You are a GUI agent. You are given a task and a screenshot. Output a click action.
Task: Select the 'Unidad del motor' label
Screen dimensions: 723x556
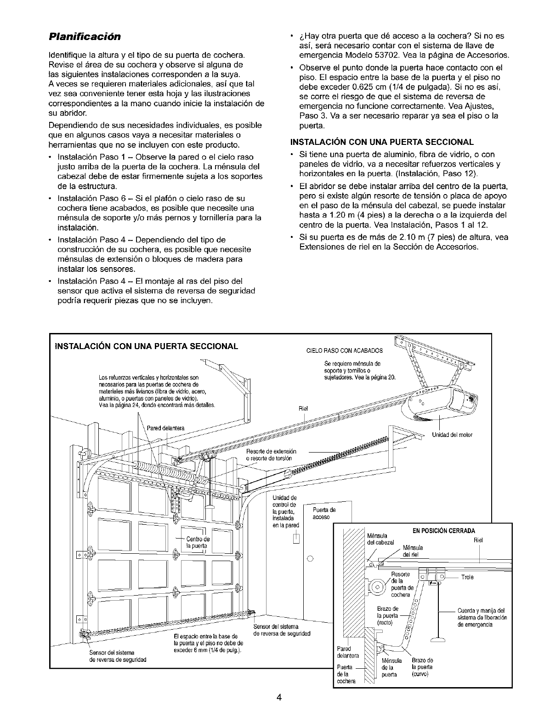(x=452, y=435)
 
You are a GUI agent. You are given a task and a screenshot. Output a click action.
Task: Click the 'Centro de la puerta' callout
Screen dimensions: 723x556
(x=198, y=542)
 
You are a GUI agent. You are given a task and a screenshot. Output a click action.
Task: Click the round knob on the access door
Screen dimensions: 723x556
(x=310, y=559)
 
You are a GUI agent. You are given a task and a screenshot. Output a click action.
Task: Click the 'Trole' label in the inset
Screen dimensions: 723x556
(x=467, y=577)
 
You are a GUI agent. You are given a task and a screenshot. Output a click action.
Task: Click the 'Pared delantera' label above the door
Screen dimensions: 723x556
(x=165, y=428)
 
